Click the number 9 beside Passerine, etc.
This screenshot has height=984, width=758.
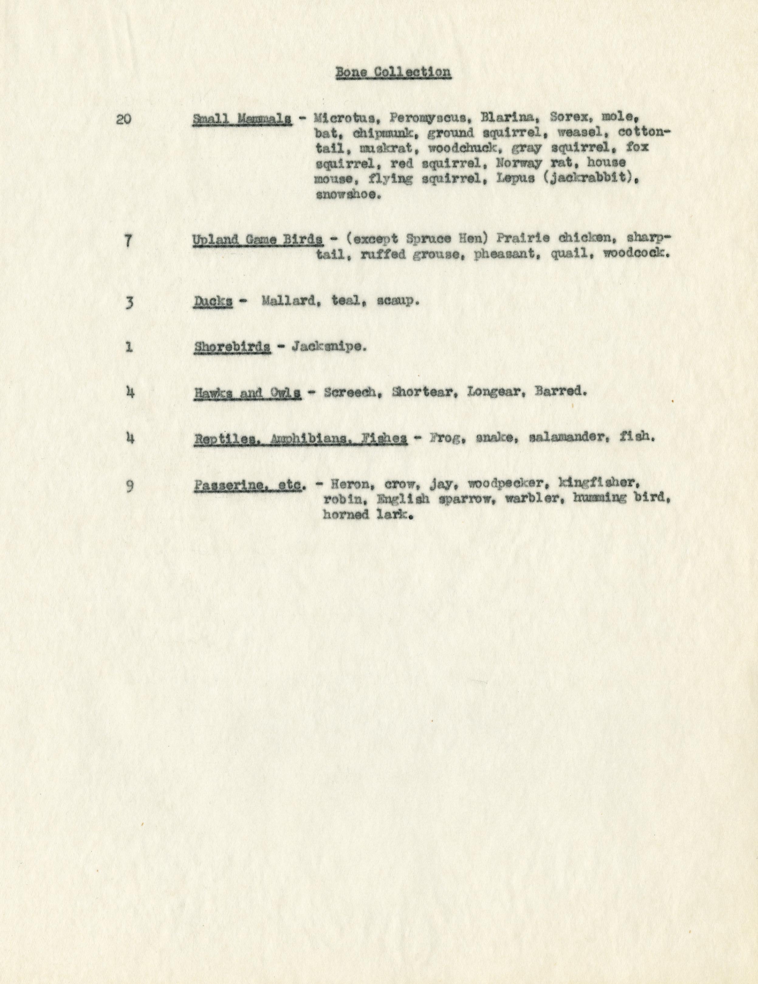[129, 487]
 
